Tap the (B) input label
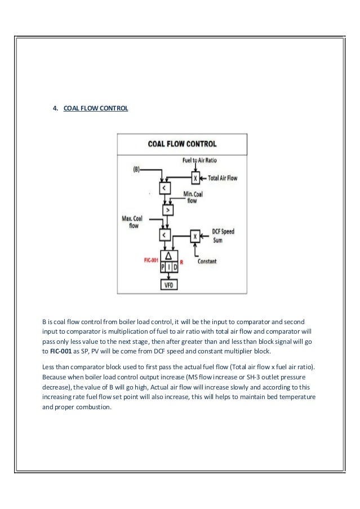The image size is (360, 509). pyautogui.click(x=137, y=169)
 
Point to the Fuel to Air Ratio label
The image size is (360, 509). pyautogui.click(x=200, y=161)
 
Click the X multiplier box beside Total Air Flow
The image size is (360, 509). pyautogui.click(x=195, y=178)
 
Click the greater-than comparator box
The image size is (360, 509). pyautogui.click(x=166, y=210)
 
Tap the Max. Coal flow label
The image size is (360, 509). pyautogui.click(x=133, y=221)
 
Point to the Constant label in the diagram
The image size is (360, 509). pyautogui.click(x=207, y=262)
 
